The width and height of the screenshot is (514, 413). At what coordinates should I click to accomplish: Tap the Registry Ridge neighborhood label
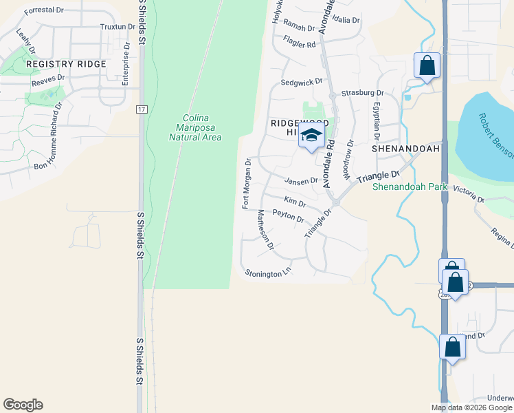tap(66, 64)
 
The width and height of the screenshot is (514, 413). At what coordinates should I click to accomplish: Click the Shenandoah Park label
tap(410, 187)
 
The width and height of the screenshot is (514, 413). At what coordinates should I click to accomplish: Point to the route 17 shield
tap(141, 109)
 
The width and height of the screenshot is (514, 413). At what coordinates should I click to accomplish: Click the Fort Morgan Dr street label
tap(245, 183)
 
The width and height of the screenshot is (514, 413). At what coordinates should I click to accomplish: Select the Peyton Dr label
tap(289, 215)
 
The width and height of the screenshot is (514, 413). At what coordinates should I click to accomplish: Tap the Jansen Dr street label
tap(302, 180)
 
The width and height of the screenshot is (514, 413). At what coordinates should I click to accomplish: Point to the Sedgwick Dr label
tap(302, 83)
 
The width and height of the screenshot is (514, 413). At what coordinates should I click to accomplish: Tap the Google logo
tap(23, 405)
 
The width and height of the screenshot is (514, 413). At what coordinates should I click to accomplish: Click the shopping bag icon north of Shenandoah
tap(427, 66)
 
